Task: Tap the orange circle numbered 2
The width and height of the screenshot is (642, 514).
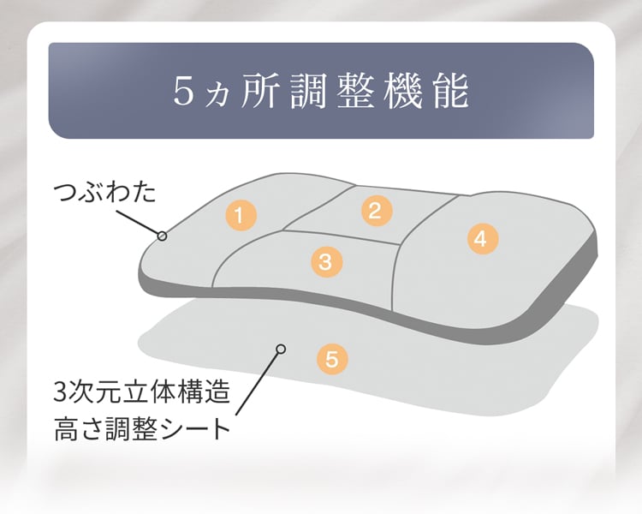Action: pos(374,210)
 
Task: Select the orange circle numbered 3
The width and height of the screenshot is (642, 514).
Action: pos(324,261)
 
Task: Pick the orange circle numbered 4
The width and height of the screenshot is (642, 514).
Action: pos(480,239)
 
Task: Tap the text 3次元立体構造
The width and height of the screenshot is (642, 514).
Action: pos(141,395)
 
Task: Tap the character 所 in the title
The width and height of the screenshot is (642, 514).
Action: pos(259,92)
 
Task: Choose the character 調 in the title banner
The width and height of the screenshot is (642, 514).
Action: pos(311,92)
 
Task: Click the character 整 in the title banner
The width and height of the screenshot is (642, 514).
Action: pos(363,92)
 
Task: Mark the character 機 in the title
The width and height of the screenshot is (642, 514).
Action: pos(415,92)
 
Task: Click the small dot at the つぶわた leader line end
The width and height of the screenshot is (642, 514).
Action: pos(162,234)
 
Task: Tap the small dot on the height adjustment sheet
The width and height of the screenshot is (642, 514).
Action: pos(279,349)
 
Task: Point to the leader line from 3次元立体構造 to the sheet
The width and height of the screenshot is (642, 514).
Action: pos(255,385)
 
